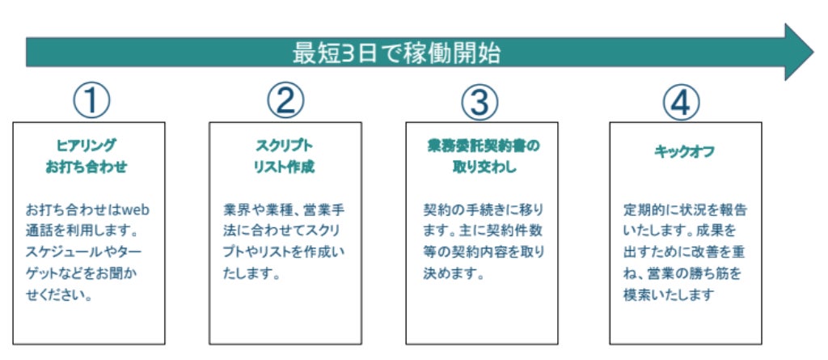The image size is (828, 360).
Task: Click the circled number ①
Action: point(91,101)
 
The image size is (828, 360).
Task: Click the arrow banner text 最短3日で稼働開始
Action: point(396,53)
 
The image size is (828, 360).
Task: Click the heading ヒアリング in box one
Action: point(87,146)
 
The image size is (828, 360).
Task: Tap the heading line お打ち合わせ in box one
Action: point(87,168)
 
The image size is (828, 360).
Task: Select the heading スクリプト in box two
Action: point(283,146)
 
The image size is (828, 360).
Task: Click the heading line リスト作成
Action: point(283,168)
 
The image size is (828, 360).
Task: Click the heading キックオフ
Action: point(684,151)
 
